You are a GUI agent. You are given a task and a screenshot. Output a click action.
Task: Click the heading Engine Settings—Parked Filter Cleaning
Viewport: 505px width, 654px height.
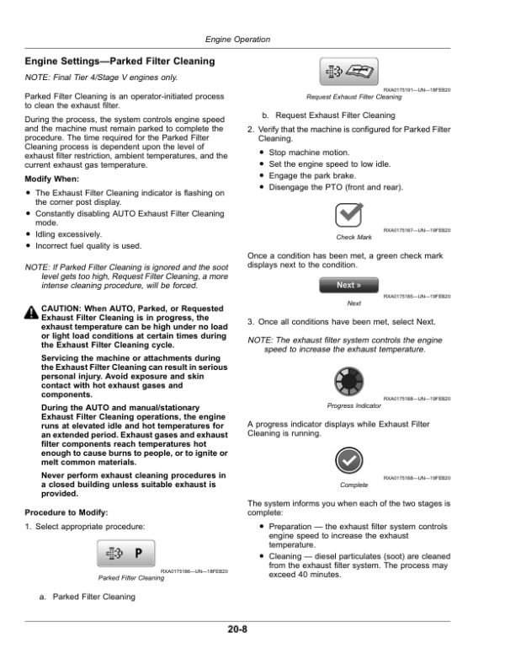120,62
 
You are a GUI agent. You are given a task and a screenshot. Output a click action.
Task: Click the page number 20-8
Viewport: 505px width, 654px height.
237,627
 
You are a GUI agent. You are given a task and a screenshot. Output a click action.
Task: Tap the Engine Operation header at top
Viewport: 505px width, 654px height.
237,40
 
